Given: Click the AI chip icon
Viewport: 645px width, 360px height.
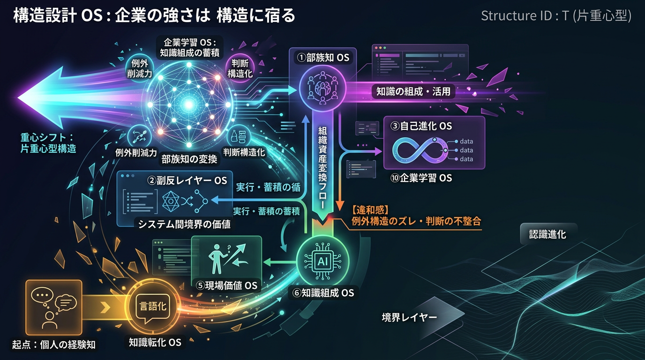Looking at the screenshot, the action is point(322,261).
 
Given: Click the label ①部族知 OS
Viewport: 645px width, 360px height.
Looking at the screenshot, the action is point(323,58).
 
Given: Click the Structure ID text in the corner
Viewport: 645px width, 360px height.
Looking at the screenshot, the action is point(556,15).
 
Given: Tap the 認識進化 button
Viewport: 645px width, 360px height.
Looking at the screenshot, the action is point(547,234).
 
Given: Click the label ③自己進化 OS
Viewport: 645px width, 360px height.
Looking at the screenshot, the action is point(421,126).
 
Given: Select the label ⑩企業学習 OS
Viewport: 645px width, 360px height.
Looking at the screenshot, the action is point(421,178).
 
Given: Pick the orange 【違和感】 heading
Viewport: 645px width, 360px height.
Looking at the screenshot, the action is point(370,210).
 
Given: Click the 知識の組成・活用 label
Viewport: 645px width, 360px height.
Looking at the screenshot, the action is point(413,91).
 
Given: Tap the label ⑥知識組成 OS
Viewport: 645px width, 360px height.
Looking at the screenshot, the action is point(323,293).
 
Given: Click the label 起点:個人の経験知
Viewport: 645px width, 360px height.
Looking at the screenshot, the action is point(54,345).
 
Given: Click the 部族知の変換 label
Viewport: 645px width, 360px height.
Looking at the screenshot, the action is point(189,159).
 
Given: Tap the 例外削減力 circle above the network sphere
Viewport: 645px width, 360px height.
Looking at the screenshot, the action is point(139,68).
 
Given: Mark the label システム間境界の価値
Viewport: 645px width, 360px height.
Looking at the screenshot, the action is point(184,224).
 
